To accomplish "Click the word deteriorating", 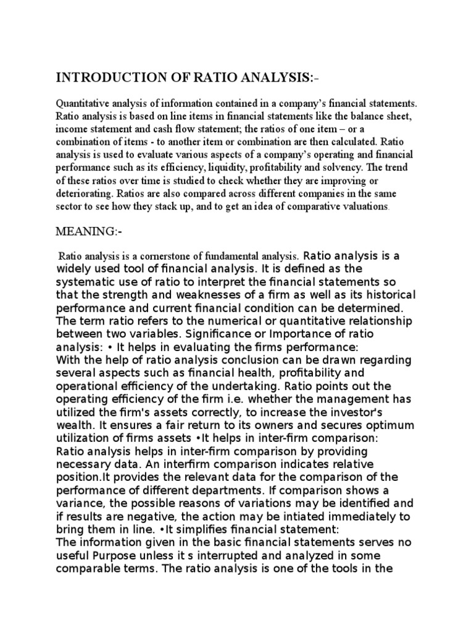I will (x=83, y=192).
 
